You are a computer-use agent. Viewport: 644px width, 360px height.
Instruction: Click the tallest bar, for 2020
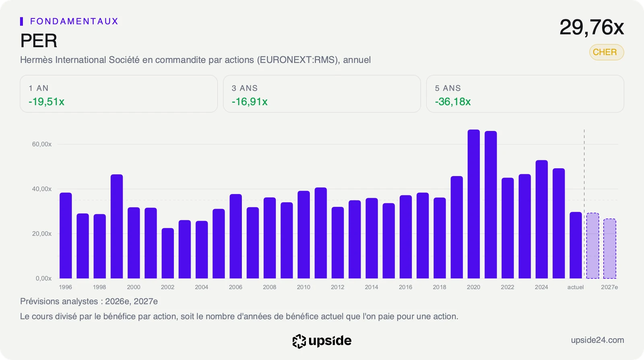pos(473,204)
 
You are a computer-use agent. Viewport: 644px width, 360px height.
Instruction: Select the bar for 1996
pos(66,236)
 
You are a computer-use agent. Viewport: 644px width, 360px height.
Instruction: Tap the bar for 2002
pos(167,253)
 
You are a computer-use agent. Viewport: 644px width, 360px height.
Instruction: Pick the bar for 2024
pos(542,219)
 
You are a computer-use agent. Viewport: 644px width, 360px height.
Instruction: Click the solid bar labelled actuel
pos(576,245)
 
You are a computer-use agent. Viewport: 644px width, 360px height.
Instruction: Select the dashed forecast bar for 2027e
pos(609,248)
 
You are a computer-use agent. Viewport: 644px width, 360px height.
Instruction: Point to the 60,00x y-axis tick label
pos(42,144)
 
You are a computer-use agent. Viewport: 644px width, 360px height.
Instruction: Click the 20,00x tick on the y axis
pos(42,234)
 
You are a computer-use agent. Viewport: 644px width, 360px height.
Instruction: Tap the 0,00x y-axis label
pos(43,278)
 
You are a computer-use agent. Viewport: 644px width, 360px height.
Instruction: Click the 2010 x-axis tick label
pos(303,287)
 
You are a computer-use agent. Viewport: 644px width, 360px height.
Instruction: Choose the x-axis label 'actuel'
pos(576,287)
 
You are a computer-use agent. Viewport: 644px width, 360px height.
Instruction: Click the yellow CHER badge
pos(607,52)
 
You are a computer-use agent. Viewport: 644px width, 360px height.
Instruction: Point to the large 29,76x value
pos(592,27)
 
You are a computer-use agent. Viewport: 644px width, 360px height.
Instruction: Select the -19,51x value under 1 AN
pos(47,101)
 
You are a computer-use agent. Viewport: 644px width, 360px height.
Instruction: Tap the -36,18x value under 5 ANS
pos(453,101)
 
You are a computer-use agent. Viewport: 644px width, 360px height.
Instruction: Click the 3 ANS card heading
pos(245,88)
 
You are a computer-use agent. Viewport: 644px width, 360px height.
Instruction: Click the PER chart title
pos(39,41)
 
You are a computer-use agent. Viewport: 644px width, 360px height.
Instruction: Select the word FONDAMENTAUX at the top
pos(74,21)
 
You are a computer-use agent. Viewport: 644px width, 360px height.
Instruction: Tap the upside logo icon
pos(299,341)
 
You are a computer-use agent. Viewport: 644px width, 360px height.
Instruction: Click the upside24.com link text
pos(597,340)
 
